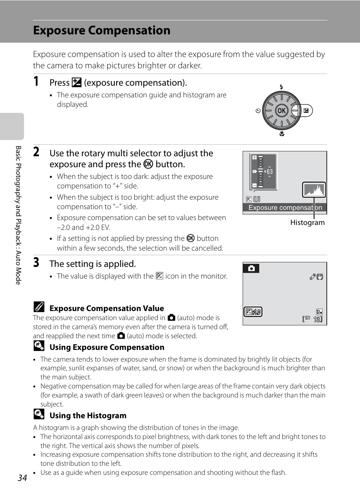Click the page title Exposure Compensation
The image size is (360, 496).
coord(102,31)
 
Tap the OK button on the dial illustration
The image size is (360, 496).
coord(281,111)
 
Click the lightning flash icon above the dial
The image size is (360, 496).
coord(282,87)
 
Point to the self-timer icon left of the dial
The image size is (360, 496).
coord(258,111)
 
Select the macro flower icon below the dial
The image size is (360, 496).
coord(282,134)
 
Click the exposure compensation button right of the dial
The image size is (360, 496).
coord(306,111)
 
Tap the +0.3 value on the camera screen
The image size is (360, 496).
coord(268,171)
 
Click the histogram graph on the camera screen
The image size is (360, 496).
coord(314,190)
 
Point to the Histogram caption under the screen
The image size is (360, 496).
coord(307,223)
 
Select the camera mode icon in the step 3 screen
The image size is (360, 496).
coord(251,268)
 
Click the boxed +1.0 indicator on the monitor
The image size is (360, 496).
coord(253,312)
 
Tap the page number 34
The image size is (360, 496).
coord(22,478)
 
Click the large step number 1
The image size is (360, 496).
coord(36,81)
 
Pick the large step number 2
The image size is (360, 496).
coord(36,152)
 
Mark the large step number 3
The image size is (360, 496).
coord(36,262)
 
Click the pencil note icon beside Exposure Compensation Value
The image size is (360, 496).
coord(39,307)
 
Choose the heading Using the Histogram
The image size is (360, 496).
coord(88,416)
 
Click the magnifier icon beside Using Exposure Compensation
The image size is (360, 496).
coord(39,345)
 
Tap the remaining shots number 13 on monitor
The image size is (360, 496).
coord(317,319)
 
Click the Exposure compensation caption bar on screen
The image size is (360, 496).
coord(285,208)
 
